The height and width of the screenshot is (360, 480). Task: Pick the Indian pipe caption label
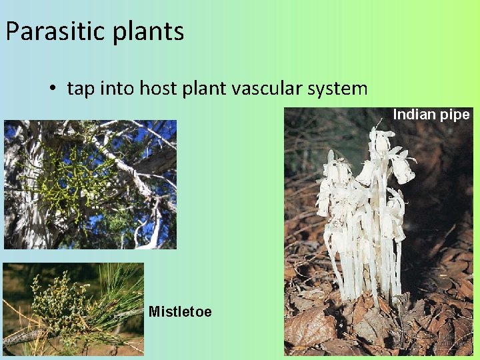coord(431,115)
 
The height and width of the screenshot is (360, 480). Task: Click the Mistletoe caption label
coord(180,311)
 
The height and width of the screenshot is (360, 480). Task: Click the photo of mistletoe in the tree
coord(90,184)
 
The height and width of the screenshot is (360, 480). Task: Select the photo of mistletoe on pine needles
coord(73,309)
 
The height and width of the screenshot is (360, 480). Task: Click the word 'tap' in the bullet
coord(81,89)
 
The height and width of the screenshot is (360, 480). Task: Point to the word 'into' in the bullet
coord(118,88)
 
